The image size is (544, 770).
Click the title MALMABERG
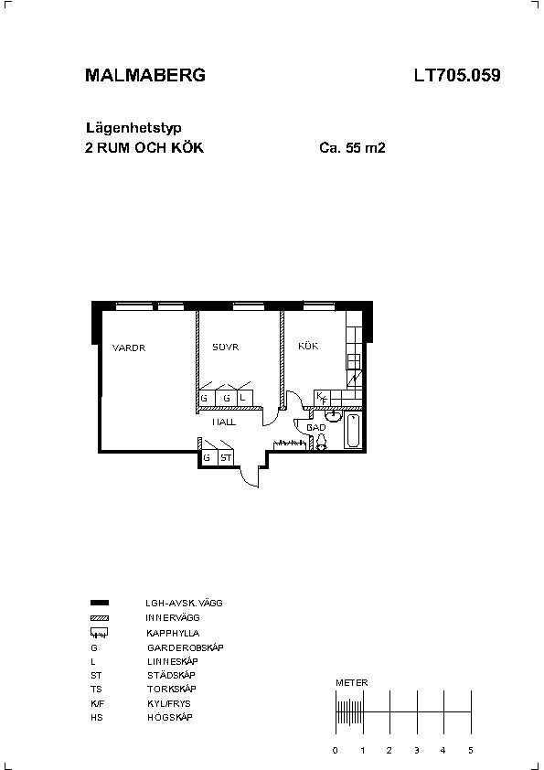click(x=145, y=75)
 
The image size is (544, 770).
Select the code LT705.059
click(x=457, y=75)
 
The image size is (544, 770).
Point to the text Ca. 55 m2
click(x=352, y=147)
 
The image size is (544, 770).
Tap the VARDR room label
click(x=129, y=348)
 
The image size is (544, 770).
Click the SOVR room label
click(x=225, y=347)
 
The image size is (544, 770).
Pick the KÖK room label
click(x=308, y=346)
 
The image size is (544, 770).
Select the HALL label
click(x=224, y=422)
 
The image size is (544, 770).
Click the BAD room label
click(x=315, y=428)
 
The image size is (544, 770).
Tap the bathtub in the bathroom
click(x=354, y=431)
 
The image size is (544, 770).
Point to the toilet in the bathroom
click(x=321, y=443)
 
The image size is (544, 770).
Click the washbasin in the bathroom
click(x=334, y=415)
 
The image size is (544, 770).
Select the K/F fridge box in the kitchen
click(x=322, y=398)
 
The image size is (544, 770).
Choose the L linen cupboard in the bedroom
click(x=244, y=398)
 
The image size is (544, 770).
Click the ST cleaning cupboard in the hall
click(x=226, y=457)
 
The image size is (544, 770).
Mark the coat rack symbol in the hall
click(x=290, y=444)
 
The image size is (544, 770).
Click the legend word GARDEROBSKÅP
click(x=185, y=647)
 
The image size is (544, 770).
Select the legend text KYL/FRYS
click(x=169, y=703)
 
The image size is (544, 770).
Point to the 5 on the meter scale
click(x=470, y=751)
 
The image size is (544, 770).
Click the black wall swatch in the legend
click(x=100, y=603)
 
